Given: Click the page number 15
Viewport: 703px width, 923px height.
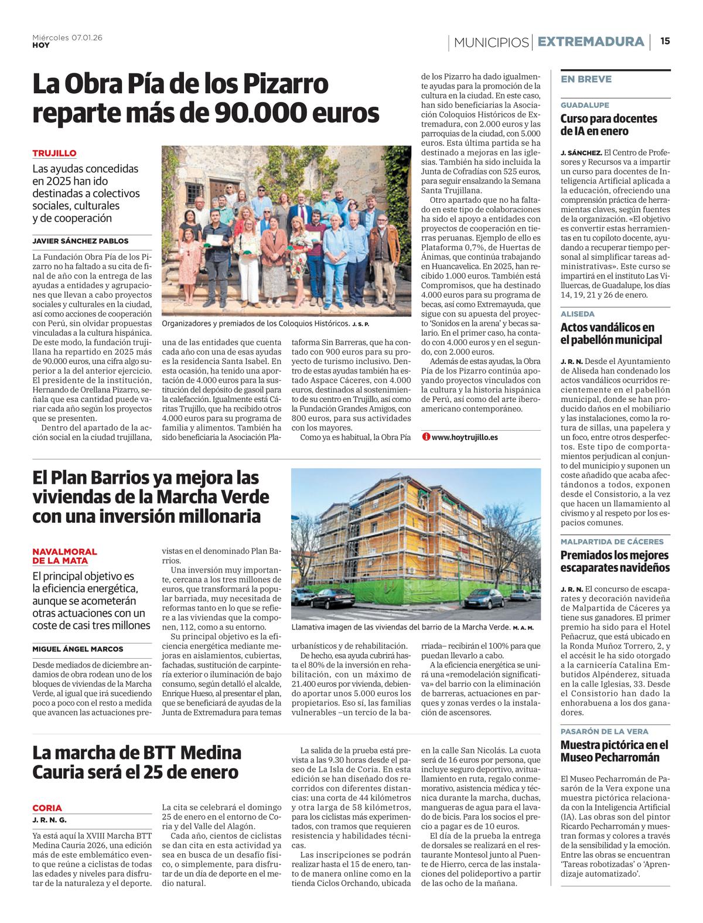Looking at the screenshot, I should click(x=665, y=41).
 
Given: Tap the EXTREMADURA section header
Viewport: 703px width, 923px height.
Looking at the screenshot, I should click(x=591, y=42).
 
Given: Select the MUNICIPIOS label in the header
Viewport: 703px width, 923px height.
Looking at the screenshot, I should click(x=491, y=42).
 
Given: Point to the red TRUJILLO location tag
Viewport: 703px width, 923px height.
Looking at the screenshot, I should click(x=54, y=153).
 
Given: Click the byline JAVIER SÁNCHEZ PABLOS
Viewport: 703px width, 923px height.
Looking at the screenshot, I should click(x=80, y=241).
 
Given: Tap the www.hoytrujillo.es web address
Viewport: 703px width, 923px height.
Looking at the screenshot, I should click(x=465, y=437).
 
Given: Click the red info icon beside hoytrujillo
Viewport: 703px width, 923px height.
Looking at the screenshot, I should click(x=426, y=437).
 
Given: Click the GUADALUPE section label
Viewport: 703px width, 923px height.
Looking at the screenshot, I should click(x=585, y=105).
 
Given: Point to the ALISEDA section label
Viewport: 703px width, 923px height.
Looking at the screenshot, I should click(x=578, y=314).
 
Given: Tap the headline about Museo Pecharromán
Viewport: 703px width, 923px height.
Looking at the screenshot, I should click(x=614, y=751).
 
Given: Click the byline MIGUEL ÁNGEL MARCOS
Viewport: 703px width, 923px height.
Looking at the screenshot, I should click(x=78, y=649).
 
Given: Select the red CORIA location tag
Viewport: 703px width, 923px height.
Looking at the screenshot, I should click(x=47, y=808).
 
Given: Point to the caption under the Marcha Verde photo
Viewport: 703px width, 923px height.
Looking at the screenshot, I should click(x=404, y=628).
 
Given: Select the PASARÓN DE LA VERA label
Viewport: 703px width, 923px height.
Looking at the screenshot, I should click(x=604, y=731).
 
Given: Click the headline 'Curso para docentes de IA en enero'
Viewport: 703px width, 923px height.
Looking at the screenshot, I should click(x=609, y=124).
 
